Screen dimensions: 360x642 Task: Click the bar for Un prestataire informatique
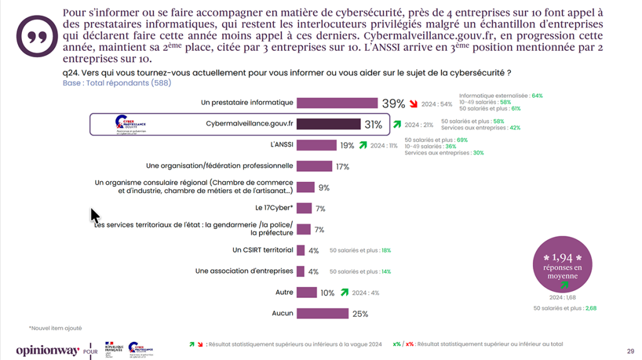pyautogui.click(x=337, y=103)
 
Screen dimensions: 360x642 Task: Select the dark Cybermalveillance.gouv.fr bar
pyautogui.click(x=328, y=124)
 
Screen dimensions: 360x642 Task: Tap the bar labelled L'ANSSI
pyautogui.click(x=316, y=145)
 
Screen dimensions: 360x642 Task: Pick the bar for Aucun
pyautogui.click(x=322, y=314)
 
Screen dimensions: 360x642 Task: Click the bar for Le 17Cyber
pyautogui.click(x=304, y=208)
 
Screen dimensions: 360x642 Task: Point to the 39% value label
pyautogui.click(x=393, y=104)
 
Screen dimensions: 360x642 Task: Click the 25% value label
pyautogui.click(x=360, y=314)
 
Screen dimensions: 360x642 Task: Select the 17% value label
pyautogui.click(x=342, y=167)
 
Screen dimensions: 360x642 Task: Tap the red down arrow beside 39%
pyautogui.click(x=413, y=104)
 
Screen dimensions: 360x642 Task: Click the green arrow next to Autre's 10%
pyautogui.click(x=344, y=292)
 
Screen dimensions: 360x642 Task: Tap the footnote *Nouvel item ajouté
pyautogui.click(x=55, y=328)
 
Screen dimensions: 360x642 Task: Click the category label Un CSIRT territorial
pyautogui.click(x=263, y=250)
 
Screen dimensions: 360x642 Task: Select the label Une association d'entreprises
pyautogui.click(x=244, y=271)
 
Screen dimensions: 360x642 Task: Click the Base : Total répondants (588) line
pyautogui.click(x=117, y=83)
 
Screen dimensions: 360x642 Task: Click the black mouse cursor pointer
pyautogui.click(x=95, y=216)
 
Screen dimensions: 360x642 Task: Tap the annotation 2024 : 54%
pyautogui.click(x=438, y=104)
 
